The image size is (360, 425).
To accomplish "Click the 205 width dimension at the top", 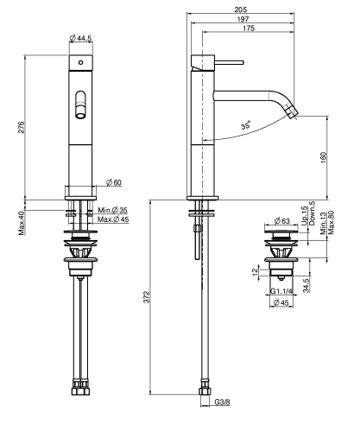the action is [241, 10].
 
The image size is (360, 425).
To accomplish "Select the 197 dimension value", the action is [243, 19].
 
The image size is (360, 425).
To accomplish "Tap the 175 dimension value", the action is [249, 29].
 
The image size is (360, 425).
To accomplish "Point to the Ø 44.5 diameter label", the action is [80, 38].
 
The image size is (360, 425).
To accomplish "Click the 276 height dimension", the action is [22, 127].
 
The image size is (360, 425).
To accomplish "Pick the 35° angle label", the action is [246, 125].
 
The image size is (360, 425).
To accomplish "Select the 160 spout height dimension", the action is [324, 157].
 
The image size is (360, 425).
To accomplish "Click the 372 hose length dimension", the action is [147, 297].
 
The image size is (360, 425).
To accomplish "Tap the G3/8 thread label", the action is [222, 402].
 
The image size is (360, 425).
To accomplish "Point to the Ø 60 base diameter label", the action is [114, 182].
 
